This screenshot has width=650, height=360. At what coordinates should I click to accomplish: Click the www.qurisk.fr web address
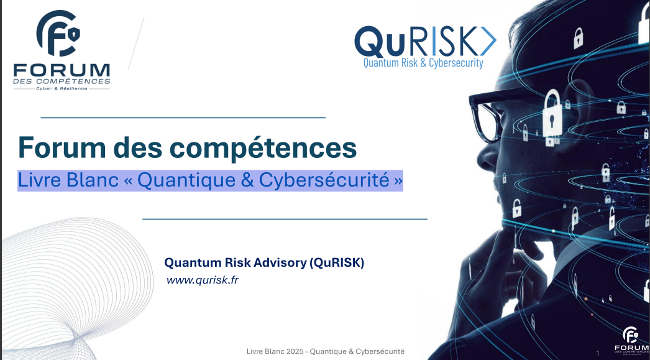coord(203,280)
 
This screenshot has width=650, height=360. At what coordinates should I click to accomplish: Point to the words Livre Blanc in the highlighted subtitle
coord(68,180)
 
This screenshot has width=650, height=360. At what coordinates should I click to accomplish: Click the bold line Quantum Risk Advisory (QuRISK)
coord(263,262)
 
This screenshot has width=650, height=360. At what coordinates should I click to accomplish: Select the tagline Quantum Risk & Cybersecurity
coord(423,63)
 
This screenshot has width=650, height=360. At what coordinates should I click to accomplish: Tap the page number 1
coord(597,354)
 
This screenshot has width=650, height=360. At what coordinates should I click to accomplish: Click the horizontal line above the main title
coord(183,117)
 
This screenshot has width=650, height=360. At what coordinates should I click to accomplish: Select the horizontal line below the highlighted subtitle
coord(285,219)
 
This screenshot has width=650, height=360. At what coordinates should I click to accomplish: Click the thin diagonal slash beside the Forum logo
coord(136,43)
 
